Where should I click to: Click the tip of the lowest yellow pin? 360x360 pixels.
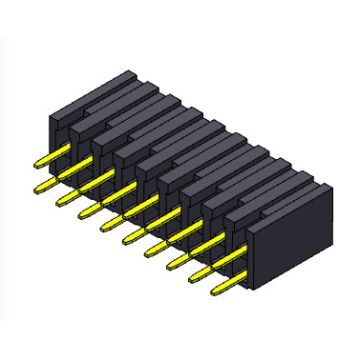(x=216, y=294)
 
